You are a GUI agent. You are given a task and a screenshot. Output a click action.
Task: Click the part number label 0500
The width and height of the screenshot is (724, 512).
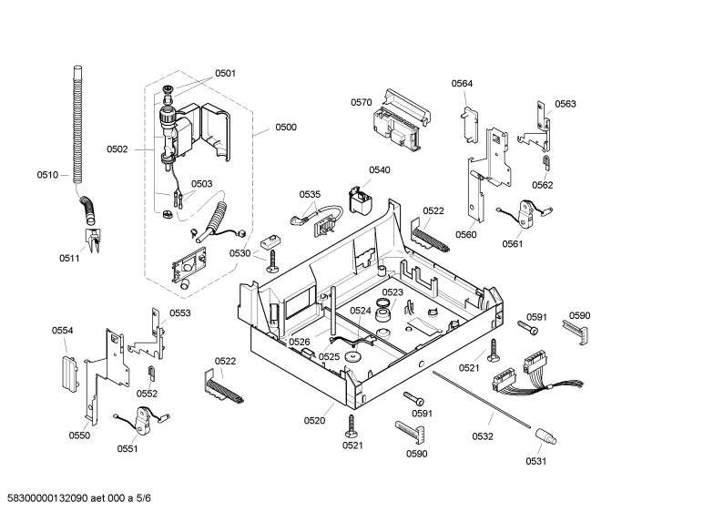coord(286,127)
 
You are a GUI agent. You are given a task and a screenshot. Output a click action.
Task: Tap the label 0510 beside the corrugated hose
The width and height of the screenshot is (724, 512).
coord(47,175)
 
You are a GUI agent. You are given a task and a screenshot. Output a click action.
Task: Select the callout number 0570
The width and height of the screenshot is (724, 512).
coord(361,102)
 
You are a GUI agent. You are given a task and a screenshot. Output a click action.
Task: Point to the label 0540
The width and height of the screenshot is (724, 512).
coord(380,169)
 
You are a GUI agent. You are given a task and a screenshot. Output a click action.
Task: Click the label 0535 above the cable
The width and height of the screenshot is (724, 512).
coord(310,194)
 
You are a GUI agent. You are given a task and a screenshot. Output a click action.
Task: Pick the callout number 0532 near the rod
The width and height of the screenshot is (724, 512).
coord(483,436)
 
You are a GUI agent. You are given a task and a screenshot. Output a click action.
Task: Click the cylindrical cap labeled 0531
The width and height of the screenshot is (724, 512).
coord(546,436)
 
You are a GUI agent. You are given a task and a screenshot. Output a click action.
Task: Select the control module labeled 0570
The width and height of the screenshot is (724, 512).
coord(401,121)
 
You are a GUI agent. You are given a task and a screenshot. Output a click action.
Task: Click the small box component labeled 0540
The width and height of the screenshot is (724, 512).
coord(360,200)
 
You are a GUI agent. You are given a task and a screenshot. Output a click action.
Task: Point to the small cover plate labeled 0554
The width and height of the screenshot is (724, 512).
coord(69,373)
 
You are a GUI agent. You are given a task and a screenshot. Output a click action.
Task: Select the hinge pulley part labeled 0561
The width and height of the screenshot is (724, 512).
coord(525,213)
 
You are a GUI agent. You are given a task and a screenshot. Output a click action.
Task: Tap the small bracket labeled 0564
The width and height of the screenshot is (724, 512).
coord(469,125)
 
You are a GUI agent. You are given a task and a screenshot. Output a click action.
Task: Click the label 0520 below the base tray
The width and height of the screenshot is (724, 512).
coord(314,421)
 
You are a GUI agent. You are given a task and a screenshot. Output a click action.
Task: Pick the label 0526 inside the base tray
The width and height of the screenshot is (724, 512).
coord(300,342)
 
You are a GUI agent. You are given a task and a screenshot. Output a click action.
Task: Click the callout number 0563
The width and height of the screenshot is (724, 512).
coord(566,104)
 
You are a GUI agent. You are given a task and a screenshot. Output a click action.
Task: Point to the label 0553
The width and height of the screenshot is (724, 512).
coord(180,313)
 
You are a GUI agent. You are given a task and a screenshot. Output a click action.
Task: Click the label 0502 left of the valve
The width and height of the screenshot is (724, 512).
coord(117,148)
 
